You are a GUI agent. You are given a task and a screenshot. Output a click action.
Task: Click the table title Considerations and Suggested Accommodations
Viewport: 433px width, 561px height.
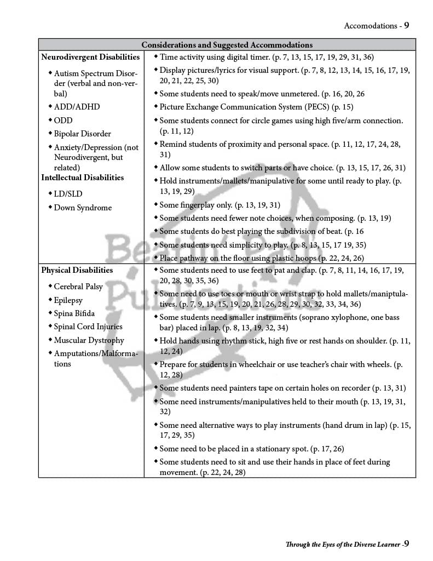(227, 45)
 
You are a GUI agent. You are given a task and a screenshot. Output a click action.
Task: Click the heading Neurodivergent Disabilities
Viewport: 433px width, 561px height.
(90, 57)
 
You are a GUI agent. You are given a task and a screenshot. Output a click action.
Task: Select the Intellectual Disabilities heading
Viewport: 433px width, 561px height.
(83, 178)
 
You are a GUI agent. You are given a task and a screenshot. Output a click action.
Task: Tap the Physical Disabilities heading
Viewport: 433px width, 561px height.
(77, 270)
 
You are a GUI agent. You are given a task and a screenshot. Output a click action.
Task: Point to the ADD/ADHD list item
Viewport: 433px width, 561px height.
(77, 107)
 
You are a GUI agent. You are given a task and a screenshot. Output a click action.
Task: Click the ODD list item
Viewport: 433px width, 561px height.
(63, 121)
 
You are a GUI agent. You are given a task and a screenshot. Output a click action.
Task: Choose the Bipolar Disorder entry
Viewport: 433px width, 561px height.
(82, 134)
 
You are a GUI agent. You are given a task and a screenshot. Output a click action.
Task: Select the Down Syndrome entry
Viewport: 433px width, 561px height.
(83, 208)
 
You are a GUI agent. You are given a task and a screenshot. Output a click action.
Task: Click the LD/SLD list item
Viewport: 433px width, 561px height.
(67, 194)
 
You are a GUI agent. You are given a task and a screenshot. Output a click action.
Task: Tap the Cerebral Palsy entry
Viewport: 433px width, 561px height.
(78, 287)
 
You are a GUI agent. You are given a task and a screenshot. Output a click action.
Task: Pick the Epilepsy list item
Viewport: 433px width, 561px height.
(69, 300)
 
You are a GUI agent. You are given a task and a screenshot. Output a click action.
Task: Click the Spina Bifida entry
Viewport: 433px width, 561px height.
(74, 313)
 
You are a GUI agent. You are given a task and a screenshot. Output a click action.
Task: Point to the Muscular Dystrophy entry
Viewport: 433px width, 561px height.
(89, 340)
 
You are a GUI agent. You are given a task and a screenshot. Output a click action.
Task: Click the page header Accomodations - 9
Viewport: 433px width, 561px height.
(376, 26)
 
